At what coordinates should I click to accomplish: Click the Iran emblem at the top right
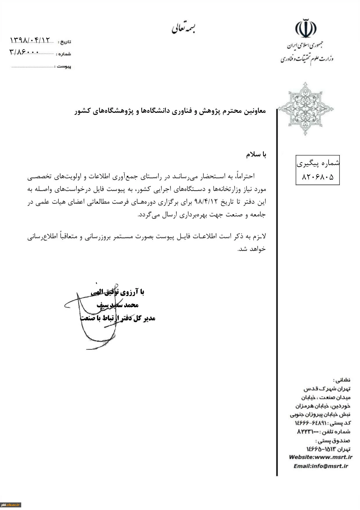click(306, 28)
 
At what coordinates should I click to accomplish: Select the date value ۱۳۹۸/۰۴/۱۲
click(30, 40)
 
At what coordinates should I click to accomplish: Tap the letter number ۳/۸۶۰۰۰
click(24, 52)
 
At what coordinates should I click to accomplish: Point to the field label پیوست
click(64, 67)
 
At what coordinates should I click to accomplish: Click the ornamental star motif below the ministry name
click(305, 109)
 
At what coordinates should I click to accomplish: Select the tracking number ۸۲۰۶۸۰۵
click(318, 176)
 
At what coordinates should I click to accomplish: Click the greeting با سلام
click(256, 155)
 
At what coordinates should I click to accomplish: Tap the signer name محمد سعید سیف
click(117, 305)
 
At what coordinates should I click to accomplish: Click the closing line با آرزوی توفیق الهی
click(117, 292)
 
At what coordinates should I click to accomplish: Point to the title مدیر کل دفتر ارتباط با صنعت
click(117, 318)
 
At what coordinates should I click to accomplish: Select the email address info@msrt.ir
click(329, 466)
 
